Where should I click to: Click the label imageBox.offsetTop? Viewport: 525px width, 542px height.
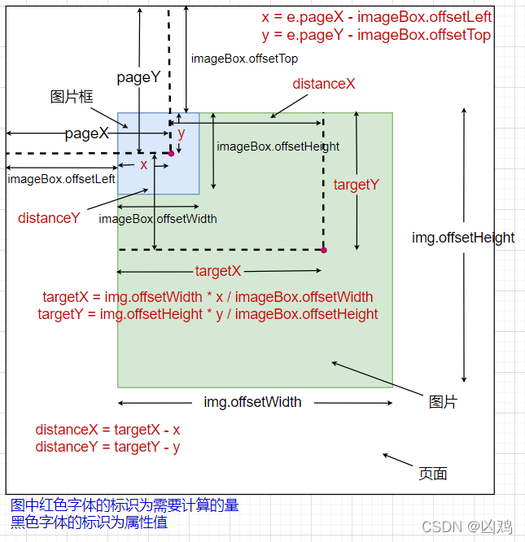click(244, 59)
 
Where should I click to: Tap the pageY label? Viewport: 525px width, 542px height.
click(139, 78)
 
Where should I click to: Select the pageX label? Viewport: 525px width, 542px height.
click(87, 134)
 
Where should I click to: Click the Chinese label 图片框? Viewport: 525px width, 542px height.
click(72, 97)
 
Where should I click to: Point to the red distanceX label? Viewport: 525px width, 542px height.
click(324, 84)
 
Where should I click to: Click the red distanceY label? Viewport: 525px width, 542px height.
click(49, 218)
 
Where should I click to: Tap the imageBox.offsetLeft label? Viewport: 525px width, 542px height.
click(61, 179)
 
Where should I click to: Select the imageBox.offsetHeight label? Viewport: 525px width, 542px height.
click(278, 146)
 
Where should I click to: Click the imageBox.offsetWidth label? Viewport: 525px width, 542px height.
click(158, 219)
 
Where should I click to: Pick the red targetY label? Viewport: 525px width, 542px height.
click(357, 185)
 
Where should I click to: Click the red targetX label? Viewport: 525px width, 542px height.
click(218, 271)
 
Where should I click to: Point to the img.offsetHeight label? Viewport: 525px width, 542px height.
click(463, 238)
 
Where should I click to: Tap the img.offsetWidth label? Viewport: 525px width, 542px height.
click(252, 402)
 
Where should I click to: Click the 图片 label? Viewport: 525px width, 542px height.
click(444, 402)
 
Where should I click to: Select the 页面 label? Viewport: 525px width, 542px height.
click(433, 474)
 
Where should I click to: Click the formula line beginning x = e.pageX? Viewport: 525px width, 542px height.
click(376, 16)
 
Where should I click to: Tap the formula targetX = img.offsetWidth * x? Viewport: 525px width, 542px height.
click(208, 297)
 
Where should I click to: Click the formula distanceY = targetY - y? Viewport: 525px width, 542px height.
click(107, 447)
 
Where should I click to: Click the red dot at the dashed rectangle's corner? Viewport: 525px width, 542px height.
click(323, 250)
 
